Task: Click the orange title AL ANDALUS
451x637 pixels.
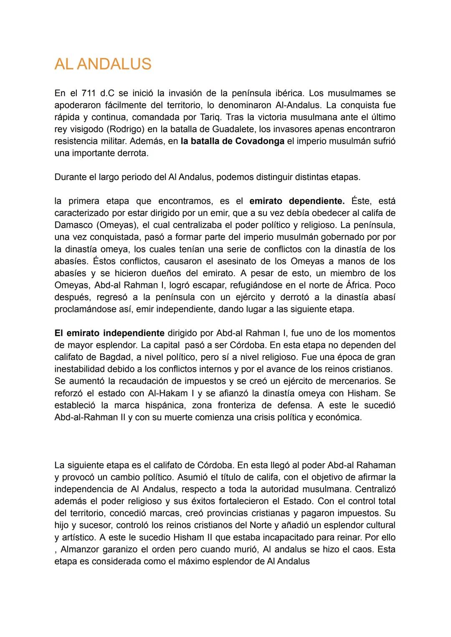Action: [103, 64]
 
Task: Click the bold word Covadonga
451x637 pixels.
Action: [260, 141]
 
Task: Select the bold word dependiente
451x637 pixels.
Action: [317, 201]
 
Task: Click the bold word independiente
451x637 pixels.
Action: [134, 333]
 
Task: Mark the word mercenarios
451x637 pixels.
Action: [354, 381]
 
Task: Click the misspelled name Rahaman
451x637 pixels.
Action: [375, 465]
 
